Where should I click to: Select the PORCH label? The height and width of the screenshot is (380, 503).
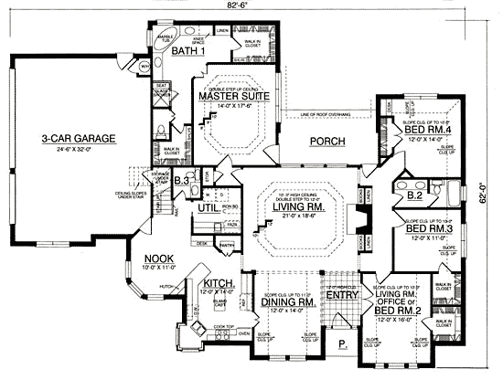(x=326, y=142)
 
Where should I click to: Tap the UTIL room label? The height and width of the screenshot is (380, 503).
(x=208, y=209)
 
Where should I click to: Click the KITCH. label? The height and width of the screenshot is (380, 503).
(x=220, y=283)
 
